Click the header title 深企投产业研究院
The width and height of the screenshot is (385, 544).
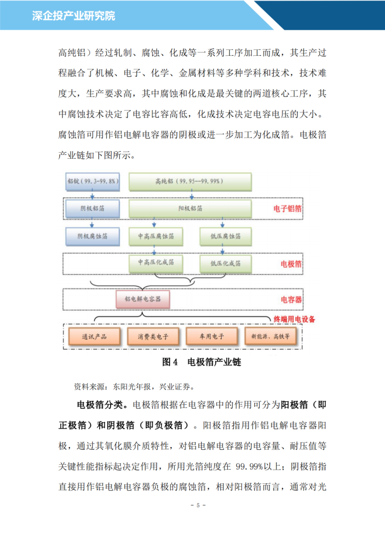pyautogui.click(x=73, y=16)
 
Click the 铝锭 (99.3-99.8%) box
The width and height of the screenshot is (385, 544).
pyautogui.click(x=93, y=182)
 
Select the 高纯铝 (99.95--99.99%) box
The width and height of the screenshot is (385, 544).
pyautogui.click(x=190, y=182)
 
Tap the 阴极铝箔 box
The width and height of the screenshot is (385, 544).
pyautogui.click(x=93, y=209)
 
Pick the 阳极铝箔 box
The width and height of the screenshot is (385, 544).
pyautogui.click(x=190, y=209)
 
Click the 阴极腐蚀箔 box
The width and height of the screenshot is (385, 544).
pyautogui.click(x=93, y=236)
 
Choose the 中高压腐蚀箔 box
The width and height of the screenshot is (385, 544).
pyautogui.click(x=156, y=236)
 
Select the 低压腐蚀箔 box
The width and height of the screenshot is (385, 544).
pyautogui.click(x=226, y=236)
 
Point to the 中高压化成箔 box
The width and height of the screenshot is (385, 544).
pyautogui.click(x=156, y=263)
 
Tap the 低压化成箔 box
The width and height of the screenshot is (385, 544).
pyautogui.click(x=226, y=264)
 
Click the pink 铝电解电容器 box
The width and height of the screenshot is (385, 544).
pyautogui.click(x=143, y=299)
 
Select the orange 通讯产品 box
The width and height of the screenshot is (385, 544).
pyautogui.click(x=94, y=336)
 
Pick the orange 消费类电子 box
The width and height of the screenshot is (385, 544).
pyautogui.click(x=153, y=336)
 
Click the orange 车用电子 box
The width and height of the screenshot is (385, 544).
pyautogui.click(x=212, y=336)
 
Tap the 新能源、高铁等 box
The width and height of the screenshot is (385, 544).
pyautogui.click(x=271, y=336)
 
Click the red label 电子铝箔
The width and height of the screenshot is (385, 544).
pyautogui.click(x=287, y=209)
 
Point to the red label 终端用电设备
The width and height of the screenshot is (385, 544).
pyautogui.click(x=294, y=319)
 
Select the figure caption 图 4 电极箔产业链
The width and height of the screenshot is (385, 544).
pyautogui.click(x=201, y=362)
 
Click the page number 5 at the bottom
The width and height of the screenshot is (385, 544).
pyautogui.click(x=198, y=505)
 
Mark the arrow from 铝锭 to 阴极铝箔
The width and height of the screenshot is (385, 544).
pyautogui.click(x=92, y=195)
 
